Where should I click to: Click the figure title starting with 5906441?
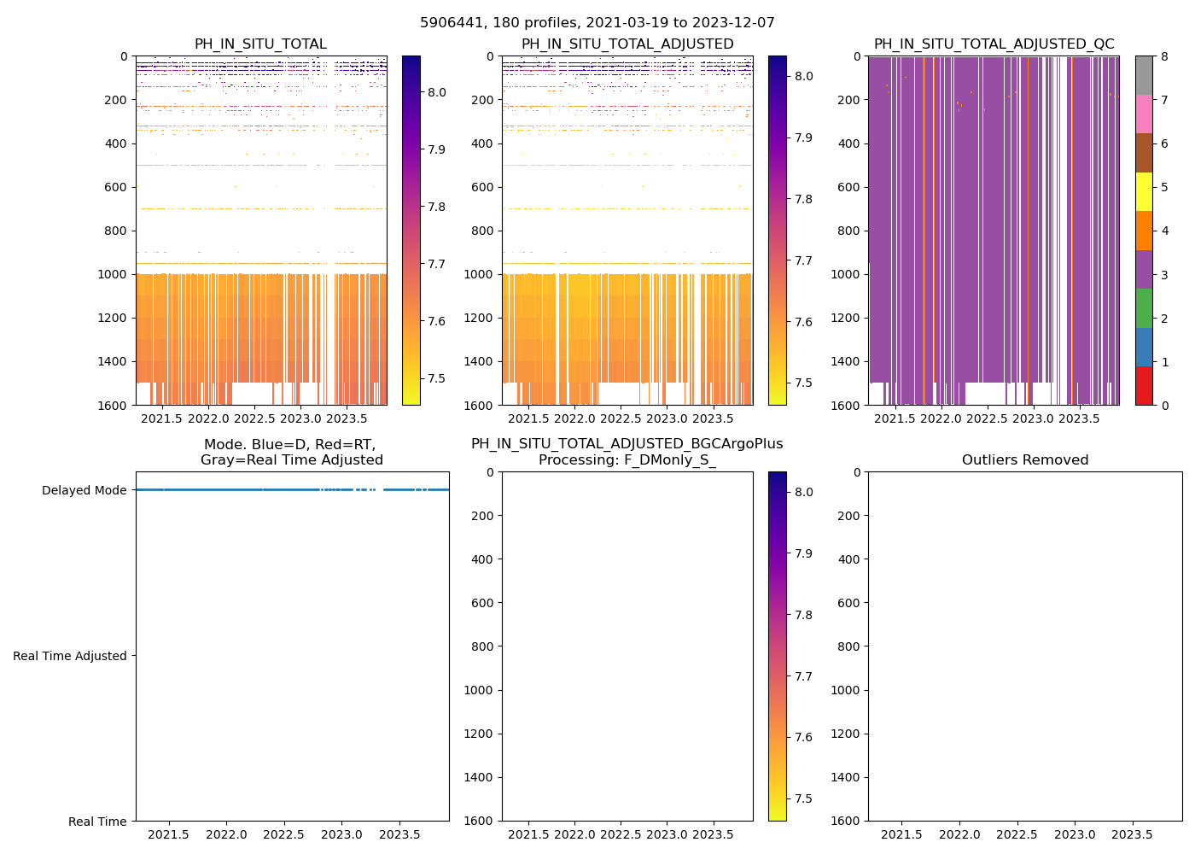[597, 23]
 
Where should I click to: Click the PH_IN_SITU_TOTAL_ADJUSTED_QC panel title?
[994, 44]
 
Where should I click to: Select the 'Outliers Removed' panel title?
[1024, 460]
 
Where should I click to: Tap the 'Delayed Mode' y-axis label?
[84, 490]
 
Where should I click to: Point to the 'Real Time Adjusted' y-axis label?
[70, 656]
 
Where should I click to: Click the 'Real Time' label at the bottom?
[97, 822]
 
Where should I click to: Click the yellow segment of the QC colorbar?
[1144, 191]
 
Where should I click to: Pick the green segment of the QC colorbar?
[1144, 307]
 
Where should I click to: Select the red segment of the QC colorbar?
[1144, 385]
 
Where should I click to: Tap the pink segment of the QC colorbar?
[1144, 114]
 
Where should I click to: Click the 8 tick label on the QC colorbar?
[1163, 56]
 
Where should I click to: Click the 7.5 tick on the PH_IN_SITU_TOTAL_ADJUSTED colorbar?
[803, 383]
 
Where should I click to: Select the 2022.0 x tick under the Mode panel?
[226, 834]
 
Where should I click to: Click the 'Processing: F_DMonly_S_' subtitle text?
[627, 460]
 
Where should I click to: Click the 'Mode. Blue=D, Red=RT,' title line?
[289, 445]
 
